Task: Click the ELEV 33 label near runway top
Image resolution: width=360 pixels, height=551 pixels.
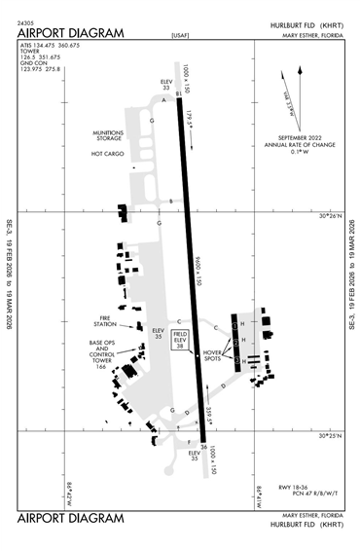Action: pyautogui.click(x=165, y=86)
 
